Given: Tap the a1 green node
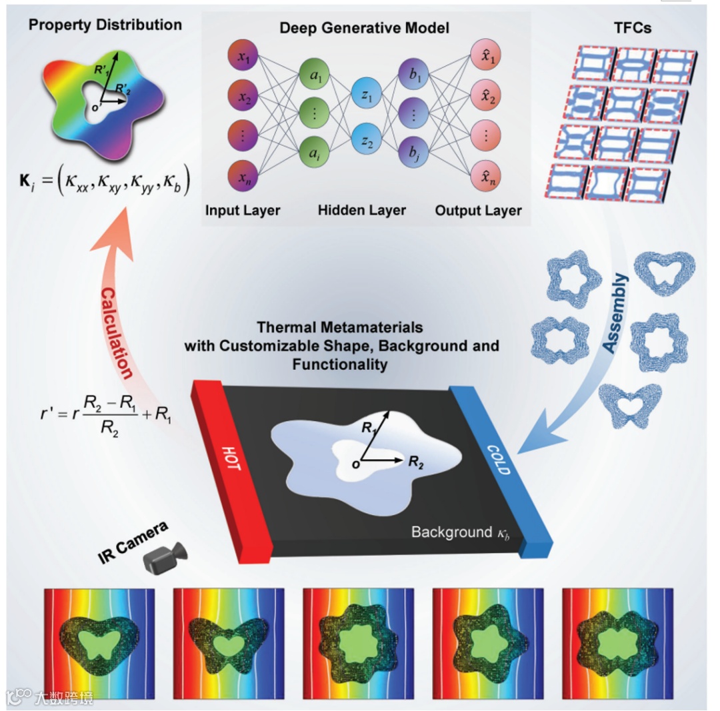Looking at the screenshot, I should (x=315, y=73).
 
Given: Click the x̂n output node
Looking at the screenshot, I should (x=484, y=179).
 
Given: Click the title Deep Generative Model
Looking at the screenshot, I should (x=364, y=28).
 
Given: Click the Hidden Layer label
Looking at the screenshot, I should (x=361, y=211).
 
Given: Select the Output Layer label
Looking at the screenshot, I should (x=478, y=211).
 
